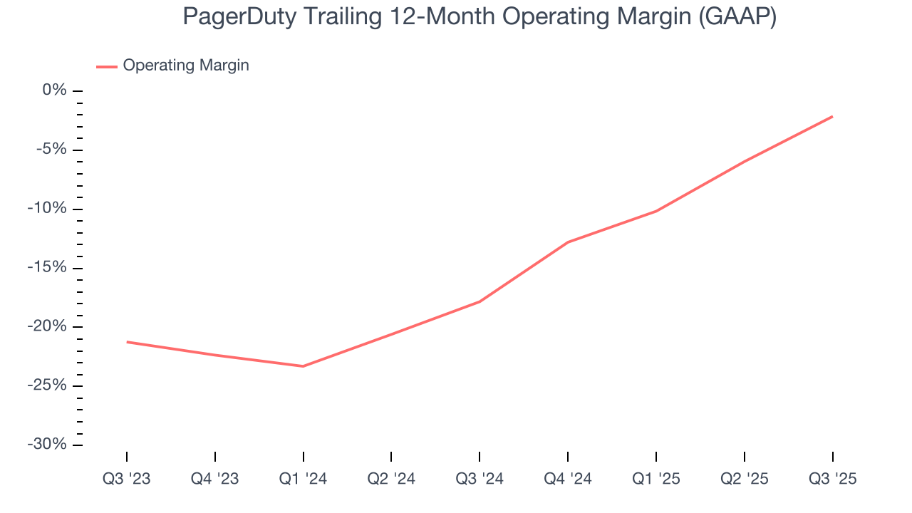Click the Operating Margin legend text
point(186,66)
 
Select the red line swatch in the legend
point(107,66)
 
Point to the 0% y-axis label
point(55,90)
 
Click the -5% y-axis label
point(52,150)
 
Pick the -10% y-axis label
point(48,209)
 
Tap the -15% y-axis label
point(48,268)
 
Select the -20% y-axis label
point(48,327)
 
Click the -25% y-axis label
point(48,385)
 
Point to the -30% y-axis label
point(48,445)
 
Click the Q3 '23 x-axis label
point(127,479)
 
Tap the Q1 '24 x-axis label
point(304,479)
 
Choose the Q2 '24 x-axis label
point(391,479)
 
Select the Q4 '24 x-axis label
point(568,479)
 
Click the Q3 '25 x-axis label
point(832,479)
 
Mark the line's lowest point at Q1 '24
point(304,366)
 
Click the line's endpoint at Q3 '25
point(832,116)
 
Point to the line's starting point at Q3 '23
point(127,342)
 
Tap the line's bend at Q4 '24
point(568,242)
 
